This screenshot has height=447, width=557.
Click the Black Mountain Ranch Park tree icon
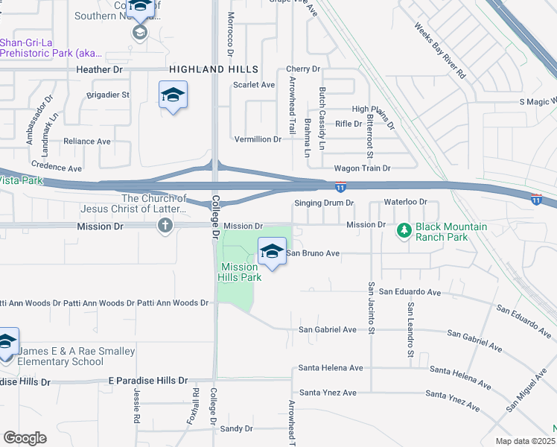(x=404, y=231)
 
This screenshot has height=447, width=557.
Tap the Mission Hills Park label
(x=241, y=272)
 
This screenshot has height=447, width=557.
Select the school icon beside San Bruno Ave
(x=273, y=253)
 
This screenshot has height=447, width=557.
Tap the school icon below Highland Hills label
(x=173, y=95)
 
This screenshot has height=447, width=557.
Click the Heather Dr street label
(x=99, y=69)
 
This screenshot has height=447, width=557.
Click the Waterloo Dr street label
(x=405, y=202)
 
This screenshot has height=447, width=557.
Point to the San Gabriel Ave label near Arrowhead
(x=328, y=329)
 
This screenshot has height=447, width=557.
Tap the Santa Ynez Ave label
(x=328, y=393)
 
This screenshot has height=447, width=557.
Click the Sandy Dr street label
(x=237, y=428)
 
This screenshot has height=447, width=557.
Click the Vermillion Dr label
(x=258, y=139)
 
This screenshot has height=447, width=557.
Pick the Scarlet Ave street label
(x=254, y=85)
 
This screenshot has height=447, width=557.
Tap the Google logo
(x=25, y=438)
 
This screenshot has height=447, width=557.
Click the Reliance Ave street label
(x=87, y=141)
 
